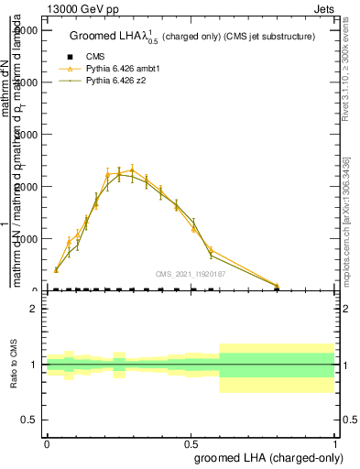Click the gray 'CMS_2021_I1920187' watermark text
coord(190,274)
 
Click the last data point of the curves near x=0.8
coord(277,286)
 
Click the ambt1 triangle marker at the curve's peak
coord(132,169)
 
